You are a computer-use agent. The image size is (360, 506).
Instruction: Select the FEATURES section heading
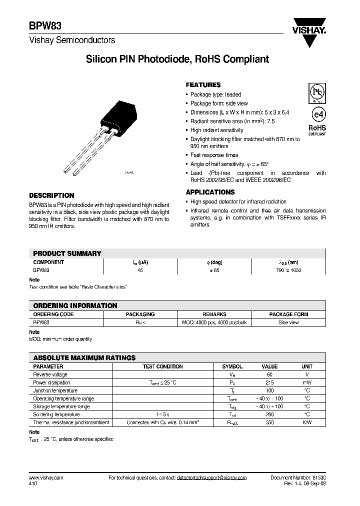point(203,85)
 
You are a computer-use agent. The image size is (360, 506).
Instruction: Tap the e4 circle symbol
point(316,112)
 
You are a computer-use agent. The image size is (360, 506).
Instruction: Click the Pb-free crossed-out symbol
point(316,92)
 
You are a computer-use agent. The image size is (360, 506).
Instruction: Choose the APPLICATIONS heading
point(210,192)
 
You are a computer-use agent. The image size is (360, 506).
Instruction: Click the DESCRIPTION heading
point(51,195)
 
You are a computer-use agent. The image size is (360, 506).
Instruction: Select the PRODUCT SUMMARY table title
point(67,253)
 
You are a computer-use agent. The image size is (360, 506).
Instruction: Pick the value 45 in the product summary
point(140,270)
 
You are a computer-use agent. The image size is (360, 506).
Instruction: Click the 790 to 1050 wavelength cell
point(288,270)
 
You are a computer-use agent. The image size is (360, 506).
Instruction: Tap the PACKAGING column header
point(140,314)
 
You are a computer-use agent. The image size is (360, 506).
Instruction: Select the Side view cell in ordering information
point(288,323)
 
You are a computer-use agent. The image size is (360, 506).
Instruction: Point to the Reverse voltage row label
point(50,374)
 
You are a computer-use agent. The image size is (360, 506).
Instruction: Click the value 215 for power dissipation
point(269,382)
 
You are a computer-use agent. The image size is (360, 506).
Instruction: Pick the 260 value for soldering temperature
point(269,414)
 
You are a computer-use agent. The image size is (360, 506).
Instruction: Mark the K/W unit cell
point(307,422)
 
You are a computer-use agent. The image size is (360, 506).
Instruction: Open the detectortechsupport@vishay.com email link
point(211,478)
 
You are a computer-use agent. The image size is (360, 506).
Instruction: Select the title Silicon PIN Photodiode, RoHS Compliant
point(177,59)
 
